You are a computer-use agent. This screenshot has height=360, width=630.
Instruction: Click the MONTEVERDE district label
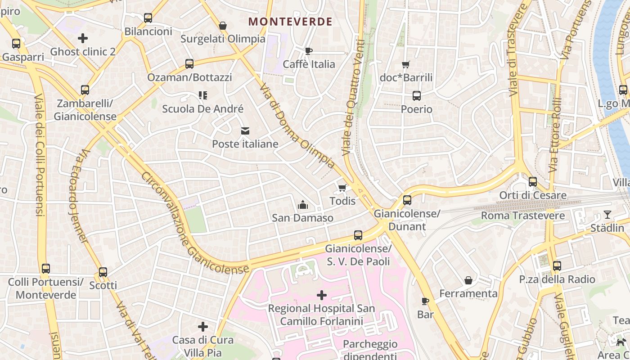point(290,22)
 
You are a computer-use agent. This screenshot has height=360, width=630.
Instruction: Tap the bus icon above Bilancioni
point(148,18)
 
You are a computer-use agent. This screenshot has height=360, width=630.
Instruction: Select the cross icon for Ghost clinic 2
point(83,38)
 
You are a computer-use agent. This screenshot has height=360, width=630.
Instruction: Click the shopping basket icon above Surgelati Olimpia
point(223,26)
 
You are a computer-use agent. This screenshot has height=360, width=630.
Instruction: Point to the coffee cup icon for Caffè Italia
point(309,51)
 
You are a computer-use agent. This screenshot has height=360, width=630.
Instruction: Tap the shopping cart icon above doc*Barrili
point(406,64)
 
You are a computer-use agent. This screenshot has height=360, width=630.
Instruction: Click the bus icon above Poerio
point(417,96)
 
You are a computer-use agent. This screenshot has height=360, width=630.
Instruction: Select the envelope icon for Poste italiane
point(245,131)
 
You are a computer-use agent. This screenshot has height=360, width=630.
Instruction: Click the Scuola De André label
point(202,109)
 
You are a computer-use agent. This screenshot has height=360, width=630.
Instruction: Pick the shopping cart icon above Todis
point(342,188)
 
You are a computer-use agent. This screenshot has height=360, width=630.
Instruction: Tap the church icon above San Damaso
point(303,205)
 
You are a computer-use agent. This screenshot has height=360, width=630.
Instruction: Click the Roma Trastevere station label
point(523,216)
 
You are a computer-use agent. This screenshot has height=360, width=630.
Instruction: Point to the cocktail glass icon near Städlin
point(607,215)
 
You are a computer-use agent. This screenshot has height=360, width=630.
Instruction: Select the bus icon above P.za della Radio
point(557,266)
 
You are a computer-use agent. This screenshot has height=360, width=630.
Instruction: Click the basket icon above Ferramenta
point(468,280)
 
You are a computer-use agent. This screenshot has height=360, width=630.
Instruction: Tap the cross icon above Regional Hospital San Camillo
point(322,295)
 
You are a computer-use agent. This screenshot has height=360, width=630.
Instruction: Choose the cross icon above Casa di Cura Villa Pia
point(203,326)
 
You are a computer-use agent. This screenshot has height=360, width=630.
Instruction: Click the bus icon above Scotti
point(103,272)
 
